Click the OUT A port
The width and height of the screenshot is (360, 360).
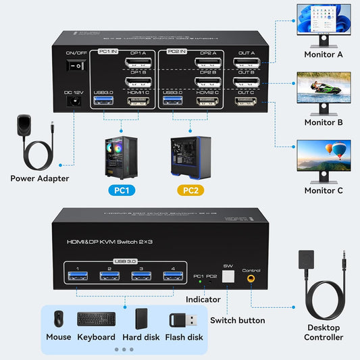247,64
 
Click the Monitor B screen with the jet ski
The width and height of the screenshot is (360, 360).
324,91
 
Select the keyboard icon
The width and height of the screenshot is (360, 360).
96,319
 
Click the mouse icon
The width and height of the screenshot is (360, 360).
58,319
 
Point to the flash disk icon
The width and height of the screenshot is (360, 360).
184,319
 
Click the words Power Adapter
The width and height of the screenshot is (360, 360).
39,179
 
